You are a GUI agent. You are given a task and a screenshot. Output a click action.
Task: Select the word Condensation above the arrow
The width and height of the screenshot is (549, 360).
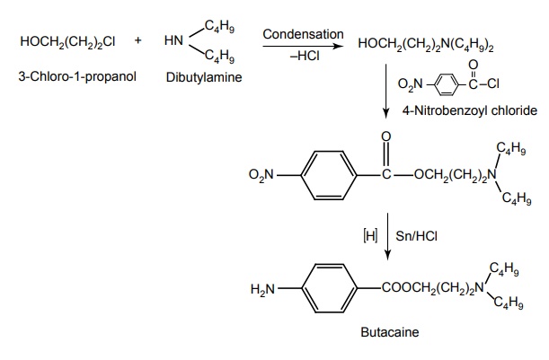pos(303,34)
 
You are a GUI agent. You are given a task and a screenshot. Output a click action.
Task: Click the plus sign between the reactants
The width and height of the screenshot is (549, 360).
pos(137,41)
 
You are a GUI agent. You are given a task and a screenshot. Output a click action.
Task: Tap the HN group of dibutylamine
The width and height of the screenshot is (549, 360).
pos(174,41)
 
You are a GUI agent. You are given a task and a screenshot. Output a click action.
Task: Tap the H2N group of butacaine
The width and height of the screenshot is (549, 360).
pos(263,290)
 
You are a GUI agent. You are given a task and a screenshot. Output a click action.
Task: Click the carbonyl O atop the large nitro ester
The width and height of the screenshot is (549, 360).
pos(385,136)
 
